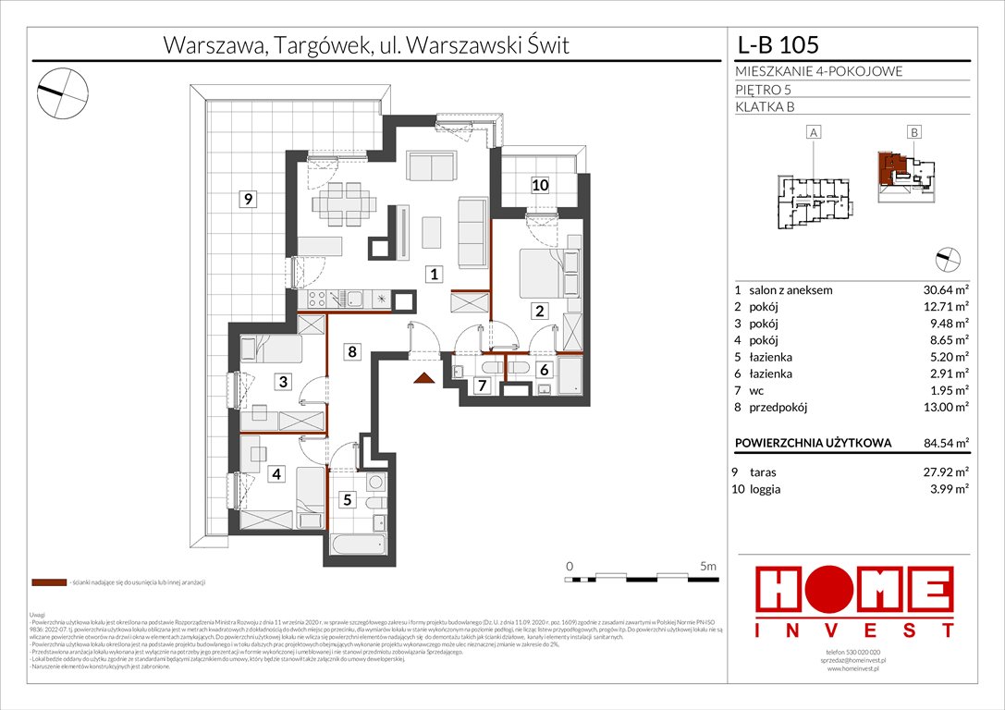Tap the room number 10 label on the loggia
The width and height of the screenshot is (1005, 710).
pos(540,185)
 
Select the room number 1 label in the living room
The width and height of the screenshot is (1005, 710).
pos(432,273)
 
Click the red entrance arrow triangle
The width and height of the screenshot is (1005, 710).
pos(423,376)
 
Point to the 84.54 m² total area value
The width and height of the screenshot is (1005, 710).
pos(939,443)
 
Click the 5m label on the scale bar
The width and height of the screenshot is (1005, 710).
pos(708,565)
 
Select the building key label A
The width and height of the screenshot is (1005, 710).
pos(814,133)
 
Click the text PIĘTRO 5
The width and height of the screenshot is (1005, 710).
pos(763,89)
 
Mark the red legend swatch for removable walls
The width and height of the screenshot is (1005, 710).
pos(48,583)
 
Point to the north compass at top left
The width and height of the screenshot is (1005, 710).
pos(63,90)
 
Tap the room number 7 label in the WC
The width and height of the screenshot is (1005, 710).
pos(480,385)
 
